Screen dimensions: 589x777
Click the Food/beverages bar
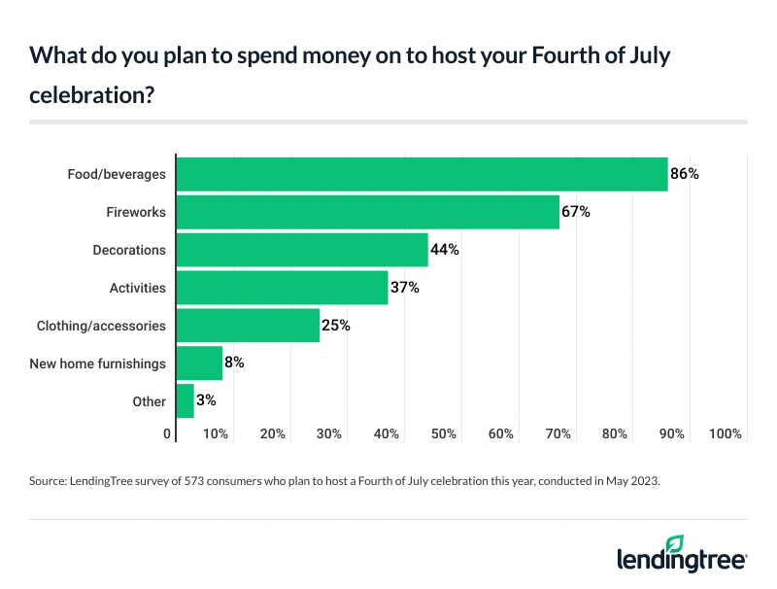[x=421, y=174]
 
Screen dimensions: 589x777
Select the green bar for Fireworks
[x=367, y=212]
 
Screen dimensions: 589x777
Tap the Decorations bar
[x=301, y=250]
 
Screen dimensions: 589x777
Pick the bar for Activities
[x=282, y=288]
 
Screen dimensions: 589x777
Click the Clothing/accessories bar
[x=247, y=326]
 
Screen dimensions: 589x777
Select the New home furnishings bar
[x=199, y=364]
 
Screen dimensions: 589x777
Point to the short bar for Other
[x=185, y=401]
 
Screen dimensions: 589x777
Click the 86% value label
[x=685, y=174]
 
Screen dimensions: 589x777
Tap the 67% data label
[x=576, y=212]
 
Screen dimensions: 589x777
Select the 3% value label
[x=207, y=401]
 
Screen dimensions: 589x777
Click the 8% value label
[x=235, y=364]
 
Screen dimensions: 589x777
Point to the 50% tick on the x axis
[x=444, y=433]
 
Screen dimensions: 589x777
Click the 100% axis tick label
[x=725, y=433]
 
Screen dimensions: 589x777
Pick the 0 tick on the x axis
[x=168, y=433]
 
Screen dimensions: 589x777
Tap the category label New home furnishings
[x=100, y=364]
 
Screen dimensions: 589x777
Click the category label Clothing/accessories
[x=101, y=326]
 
